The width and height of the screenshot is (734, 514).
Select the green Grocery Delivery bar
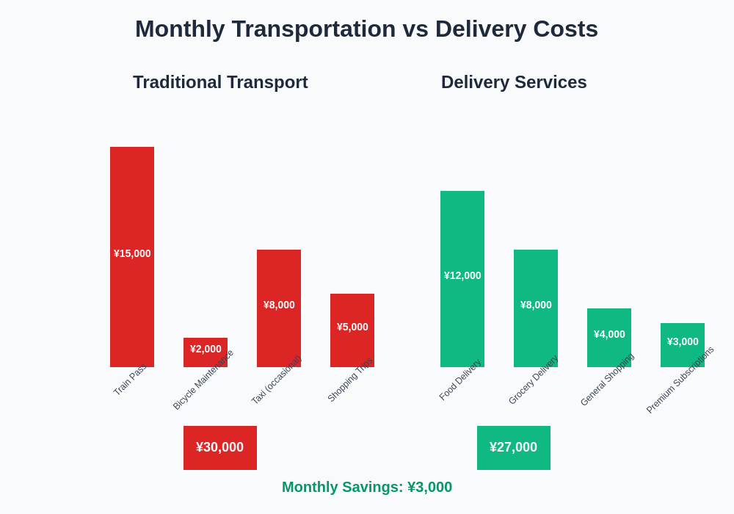tap(536, 338)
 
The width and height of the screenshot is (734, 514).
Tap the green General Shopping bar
tap(609, 352)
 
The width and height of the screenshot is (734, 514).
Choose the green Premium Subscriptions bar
tap(683, 356)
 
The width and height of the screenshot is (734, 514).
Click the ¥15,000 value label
tap(132, 253)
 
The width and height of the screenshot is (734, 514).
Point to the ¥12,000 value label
tap(462, 275)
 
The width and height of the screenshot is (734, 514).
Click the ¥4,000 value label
tap(609, 334)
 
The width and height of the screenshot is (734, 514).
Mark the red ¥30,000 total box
tap(220, 447)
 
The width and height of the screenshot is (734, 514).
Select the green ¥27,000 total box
tap(514, 447)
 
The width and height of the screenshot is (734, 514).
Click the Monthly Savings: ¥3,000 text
tap(367, 487)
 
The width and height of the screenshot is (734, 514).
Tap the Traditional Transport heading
tap(220, 82)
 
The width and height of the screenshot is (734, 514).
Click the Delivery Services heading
tap(514, 82)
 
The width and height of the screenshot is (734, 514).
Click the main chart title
tap(367, 29)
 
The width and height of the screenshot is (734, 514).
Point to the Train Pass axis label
tap(130, 380)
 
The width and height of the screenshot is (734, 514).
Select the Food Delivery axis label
tap(460, 380)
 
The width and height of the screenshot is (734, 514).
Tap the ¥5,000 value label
tap(352, 327)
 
